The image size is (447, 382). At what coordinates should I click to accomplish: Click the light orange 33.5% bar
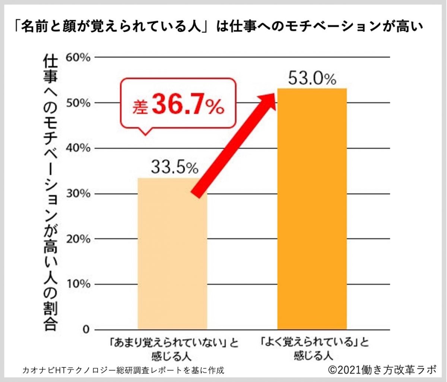tap(172, 261)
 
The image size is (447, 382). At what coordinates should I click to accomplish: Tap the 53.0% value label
tap(312, 79)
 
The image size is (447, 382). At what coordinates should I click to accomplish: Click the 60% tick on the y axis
tap(78, 57)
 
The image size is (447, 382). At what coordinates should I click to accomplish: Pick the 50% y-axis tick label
tap(78, 103)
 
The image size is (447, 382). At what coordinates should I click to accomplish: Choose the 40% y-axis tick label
tap(78, 148)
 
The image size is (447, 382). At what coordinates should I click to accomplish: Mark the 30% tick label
tap(78, 194)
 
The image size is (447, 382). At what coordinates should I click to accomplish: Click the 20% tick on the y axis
tap(78, 239)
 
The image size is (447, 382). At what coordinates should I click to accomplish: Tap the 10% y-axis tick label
tap(78, 285)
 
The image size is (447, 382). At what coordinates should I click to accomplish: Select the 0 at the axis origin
tap(86, 330)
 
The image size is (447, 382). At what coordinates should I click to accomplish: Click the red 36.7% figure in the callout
tap(188, 106)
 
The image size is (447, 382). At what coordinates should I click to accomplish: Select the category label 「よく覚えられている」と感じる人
tap(312, 348)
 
